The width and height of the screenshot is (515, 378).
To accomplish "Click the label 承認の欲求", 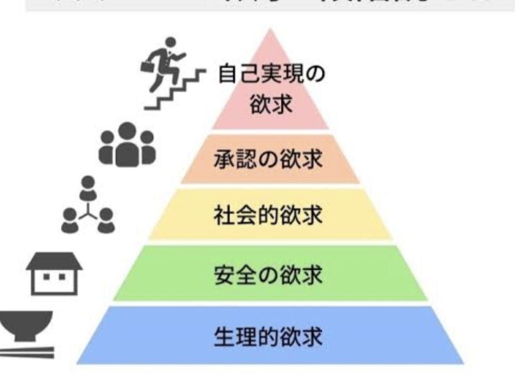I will (x=268, y=160).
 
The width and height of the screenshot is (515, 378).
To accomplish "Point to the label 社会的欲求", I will (x=268, y=215).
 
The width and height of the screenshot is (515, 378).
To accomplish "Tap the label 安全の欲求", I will (x=268, y=275).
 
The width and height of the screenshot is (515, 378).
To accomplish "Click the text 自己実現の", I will (x=271, y=74).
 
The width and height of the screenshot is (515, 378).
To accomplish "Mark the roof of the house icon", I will (x=54, y=260).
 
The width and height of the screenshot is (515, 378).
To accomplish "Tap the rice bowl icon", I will (x=25, y=325).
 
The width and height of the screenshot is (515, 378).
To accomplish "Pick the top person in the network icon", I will (x=87, y=188).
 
